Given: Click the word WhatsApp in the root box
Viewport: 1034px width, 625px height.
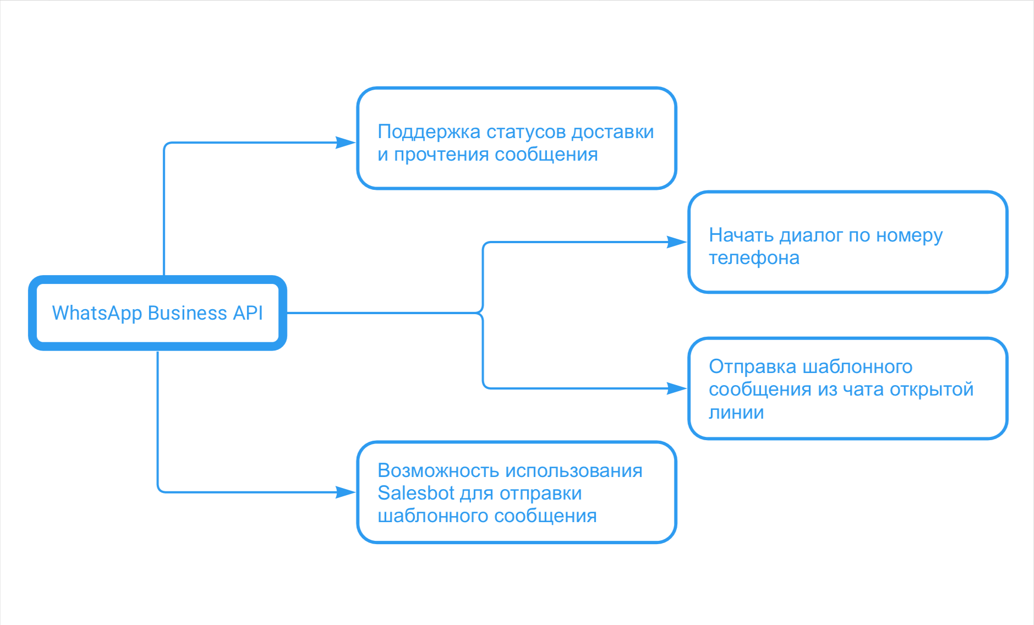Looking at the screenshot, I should [x=97, y=313].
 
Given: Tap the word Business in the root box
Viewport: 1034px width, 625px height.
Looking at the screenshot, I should [x=187, y=313].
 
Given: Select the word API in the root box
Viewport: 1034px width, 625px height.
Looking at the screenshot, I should [x=248, y=313].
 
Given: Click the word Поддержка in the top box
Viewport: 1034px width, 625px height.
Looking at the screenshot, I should [x=429, y=132].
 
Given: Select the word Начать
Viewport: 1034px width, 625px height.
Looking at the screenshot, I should [x=741, y=235].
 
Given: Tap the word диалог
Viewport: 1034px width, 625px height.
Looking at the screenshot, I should [x=811, y=235].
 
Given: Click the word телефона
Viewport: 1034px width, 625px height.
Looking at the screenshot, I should [x=754, y=257].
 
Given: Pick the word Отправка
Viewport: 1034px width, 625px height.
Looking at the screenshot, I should [x=752, y=366].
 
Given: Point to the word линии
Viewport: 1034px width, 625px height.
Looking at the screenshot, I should [x=736, y=413].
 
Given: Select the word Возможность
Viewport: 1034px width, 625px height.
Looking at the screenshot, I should [x=438, y=471].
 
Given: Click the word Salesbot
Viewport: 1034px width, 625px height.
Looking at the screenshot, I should [x=416, y=493].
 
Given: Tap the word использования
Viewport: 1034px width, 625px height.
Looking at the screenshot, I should [x=573, y=471].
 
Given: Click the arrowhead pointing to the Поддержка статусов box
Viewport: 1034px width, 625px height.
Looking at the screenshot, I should [x=347, y=143].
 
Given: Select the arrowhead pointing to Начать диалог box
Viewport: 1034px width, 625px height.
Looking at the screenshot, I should [x=677, y=242].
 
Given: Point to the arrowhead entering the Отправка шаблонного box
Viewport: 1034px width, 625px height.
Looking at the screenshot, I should [x=677, y=388].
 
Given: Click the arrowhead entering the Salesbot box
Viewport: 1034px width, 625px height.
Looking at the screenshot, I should [x=347, y=492].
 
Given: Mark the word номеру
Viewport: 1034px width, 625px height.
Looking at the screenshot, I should [x=909, y=235].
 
